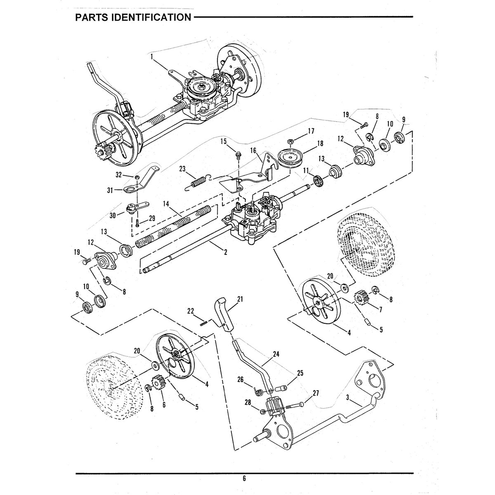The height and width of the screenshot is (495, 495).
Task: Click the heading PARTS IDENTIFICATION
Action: pos(132,18)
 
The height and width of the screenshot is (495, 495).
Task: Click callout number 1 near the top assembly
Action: pos(152,55)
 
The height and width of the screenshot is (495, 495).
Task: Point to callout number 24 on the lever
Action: pos(276,354)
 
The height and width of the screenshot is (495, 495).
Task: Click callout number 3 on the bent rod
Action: pos(348,398)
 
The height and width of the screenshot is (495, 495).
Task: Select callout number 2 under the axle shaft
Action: pos(225,253)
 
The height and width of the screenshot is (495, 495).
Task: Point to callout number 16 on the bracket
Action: pos(253,151)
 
